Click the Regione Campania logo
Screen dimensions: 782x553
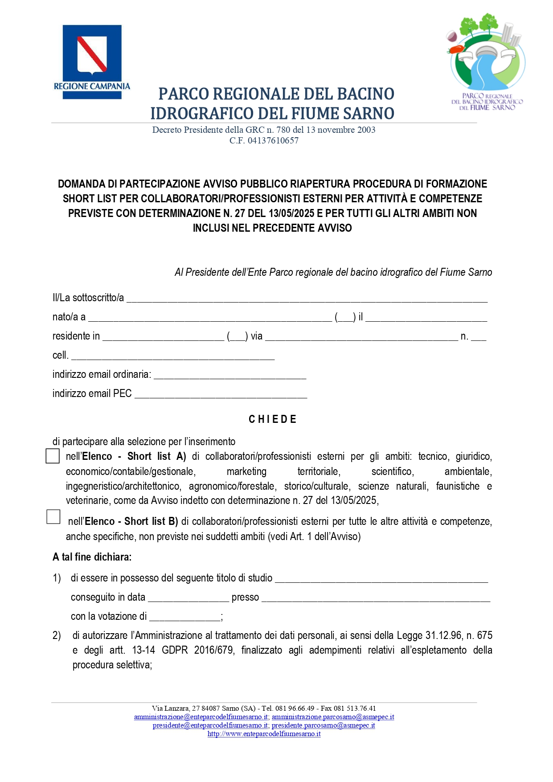pyautogui.click(x=92, y=61)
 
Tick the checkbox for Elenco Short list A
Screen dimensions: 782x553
pyautogui.click(x=53, y=456)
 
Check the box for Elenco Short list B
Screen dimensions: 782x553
pyautogui.click(x=53, y=516)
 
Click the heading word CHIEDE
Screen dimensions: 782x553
pyautogui.click(x=272, y=419)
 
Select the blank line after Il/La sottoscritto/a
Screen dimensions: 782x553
pyautogui.click(x=307, y=299)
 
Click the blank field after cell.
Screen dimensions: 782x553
pyautogui.click(x=172, y=356)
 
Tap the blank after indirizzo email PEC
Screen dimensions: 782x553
pyautogui.click(x=221, y=394)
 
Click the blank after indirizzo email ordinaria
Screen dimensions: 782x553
pyautogui.click(x=229, y=375)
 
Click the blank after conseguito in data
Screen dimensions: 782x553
pyautogui.click(x=188, y=598)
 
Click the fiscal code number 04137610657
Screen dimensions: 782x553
pyautogui.click(x=273, y=140)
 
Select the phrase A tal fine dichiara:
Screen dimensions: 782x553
pyautogui.click(x=92, y=557)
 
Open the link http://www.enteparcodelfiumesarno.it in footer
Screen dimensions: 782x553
pyautogui.click(x=264, y=734)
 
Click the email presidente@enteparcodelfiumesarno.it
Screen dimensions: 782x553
pyautogui.click(x=210, y=725)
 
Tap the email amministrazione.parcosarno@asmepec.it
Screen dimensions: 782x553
pyautogui.click(x=333, y=717)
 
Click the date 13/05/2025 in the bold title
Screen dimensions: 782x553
pyautogui.click(x=292, y=213)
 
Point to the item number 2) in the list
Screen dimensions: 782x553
pyautogui.click(x=57, y=636)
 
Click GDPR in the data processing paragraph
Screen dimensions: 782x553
pyautogui.click(x=175, y=650)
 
